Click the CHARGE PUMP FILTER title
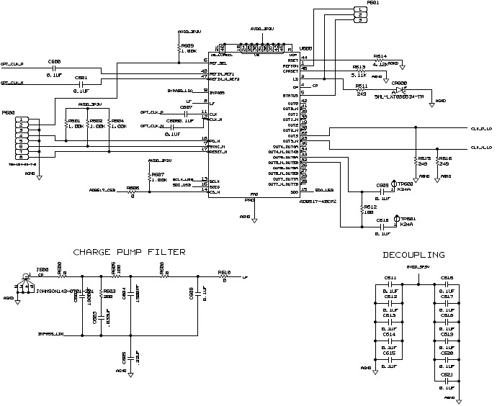[129, 252]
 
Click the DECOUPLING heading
[413, 255]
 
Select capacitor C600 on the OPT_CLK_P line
[54, 67]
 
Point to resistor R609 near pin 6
[179, 46]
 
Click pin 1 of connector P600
[23, 119]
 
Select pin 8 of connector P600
[23, 157]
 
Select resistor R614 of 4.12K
[380, 61]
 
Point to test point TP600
[394, 184]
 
